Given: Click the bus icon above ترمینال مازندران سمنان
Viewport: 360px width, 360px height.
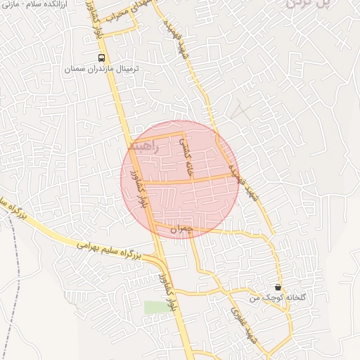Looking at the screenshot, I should (102, 58).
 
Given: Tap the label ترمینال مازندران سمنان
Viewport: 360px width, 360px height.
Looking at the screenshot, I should (103, 70).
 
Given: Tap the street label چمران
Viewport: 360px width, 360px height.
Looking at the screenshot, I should (181, 229).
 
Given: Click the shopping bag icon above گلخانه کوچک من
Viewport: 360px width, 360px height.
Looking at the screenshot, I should (278, 288).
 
